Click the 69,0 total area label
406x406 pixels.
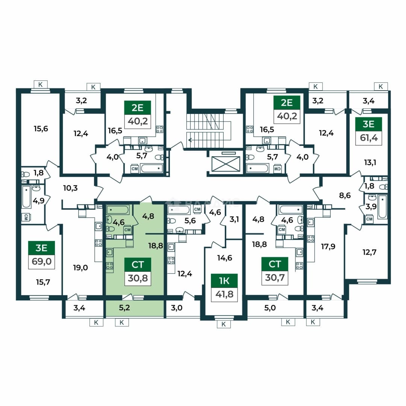coord(41,262)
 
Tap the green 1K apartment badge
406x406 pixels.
coord(224,281)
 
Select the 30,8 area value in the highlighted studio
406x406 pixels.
coord(138,278)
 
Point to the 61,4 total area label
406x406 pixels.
coord(369,138)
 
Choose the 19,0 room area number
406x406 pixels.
coord(80,268)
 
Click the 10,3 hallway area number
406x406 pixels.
coord(70,188)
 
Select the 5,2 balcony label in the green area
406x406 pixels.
coord(124,308)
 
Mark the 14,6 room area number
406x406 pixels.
coord(224,258)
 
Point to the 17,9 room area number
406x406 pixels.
coord(328,247)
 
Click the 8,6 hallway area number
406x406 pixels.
coord(345,195)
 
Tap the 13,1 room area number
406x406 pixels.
coord(370,163)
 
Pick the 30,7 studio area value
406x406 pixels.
coord(275,277)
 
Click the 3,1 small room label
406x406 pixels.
coord(234,220)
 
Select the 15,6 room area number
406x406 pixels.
coord(41,129)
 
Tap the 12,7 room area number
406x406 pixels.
coord(370,252)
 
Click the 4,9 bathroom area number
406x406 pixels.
coord(39,200)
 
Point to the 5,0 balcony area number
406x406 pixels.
coord(270,308)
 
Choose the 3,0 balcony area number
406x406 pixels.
coord(177,308)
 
